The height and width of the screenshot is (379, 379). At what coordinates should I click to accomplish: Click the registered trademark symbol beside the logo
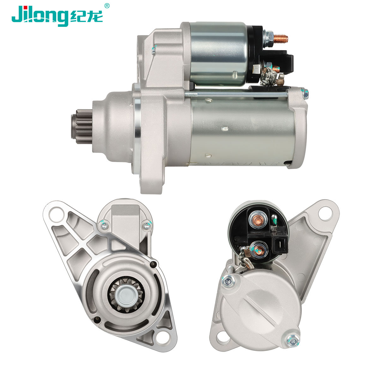pyautogui.click(x=107, y=6)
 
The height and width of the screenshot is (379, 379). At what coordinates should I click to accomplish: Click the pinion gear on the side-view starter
pyautogui.click(x=82, y=126)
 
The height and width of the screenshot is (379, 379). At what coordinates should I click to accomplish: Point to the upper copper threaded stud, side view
pyautogui.click(x=280, y=39)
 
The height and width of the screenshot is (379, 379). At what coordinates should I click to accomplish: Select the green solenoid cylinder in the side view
pyautogui.click(x=218, y=53)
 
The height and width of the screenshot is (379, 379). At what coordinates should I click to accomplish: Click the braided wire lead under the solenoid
pyautogui.click(x=267, y=76)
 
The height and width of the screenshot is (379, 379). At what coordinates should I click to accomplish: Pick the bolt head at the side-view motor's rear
pyautogui.click(x=305, y=94)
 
